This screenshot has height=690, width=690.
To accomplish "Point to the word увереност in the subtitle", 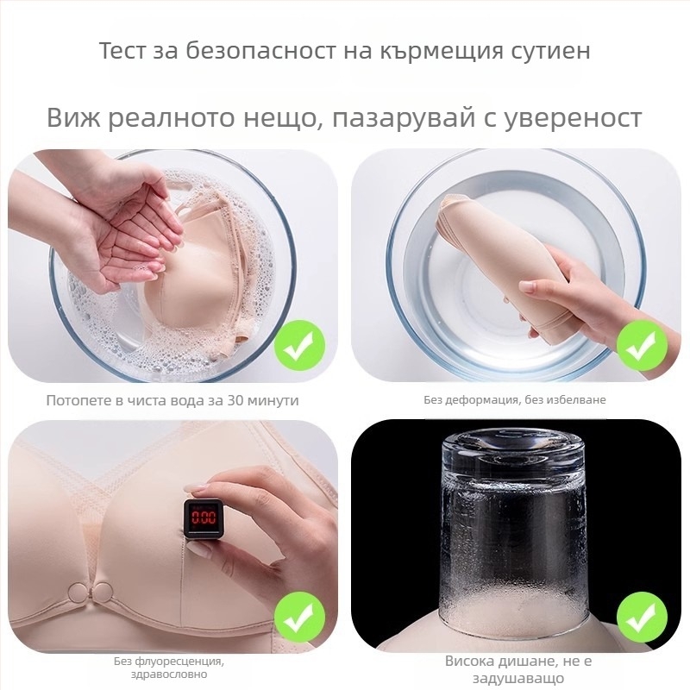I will click(575, 116).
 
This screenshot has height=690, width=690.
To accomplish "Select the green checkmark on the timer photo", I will click(299, 618).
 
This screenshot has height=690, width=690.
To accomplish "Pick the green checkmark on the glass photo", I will click(641, 618).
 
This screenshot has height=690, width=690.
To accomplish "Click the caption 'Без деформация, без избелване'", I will click(514, 400).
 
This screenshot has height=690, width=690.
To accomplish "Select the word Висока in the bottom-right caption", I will click(472, 662).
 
